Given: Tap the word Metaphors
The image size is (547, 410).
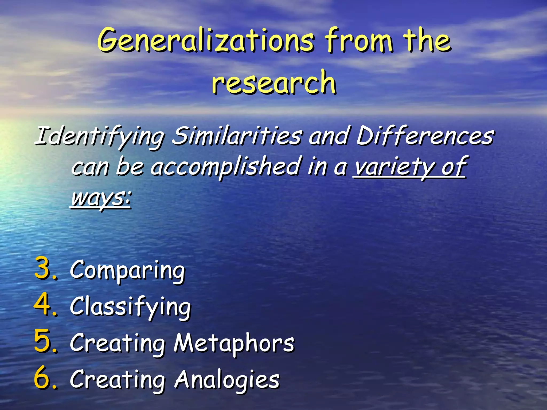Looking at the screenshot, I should (234, 343).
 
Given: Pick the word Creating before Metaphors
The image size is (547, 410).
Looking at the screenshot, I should (118, 343).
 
